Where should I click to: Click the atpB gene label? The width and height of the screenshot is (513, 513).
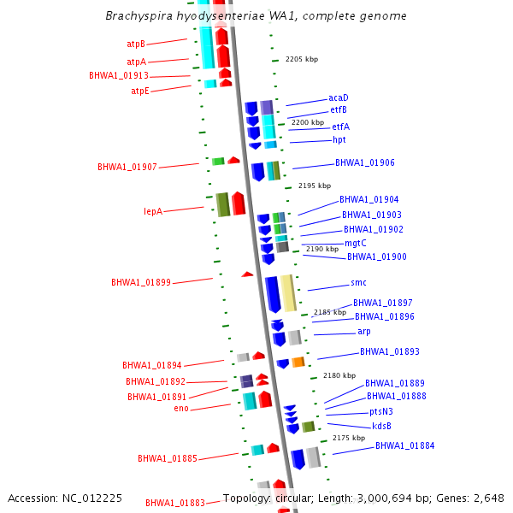136,44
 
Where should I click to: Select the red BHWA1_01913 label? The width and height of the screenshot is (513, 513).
119,76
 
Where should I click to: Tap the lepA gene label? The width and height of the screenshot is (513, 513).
153,211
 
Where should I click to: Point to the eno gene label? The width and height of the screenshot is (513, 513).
181,409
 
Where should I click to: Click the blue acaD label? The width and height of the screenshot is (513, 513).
339,98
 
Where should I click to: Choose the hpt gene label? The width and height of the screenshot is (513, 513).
339,140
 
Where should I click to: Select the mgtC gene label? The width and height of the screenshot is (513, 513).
356,243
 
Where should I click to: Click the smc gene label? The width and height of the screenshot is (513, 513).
358,283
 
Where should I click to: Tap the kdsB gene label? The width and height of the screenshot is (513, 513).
381,426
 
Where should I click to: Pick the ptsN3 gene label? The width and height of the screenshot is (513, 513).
381,411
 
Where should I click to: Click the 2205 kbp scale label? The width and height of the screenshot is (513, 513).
301,60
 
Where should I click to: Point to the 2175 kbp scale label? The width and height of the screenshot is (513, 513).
349,438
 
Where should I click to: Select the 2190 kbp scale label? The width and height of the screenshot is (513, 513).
322,249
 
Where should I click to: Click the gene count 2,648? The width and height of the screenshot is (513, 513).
489,498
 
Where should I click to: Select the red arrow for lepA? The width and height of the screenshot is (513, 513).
239,203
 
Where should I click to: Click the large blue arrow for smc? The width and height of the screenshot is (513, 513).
273,294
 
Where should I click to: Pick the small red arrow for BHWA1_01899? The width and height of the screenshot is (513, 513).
247,274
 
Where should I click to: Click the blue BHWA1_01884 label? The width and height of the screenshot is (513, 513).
404,445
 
